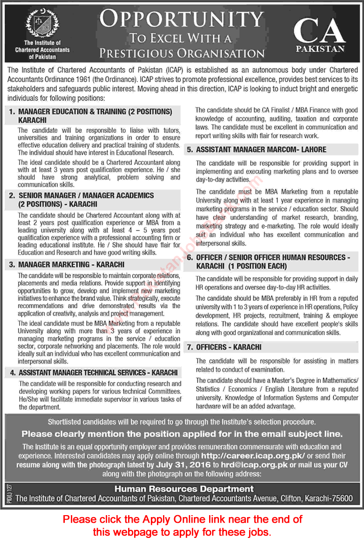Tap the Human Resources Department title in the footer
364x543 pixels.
click(x=184, y=489)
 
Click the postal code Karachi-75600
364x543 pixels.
click(x=328, y=498)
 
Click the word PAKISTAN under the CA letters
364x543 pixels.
click(x=320, y=49)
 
